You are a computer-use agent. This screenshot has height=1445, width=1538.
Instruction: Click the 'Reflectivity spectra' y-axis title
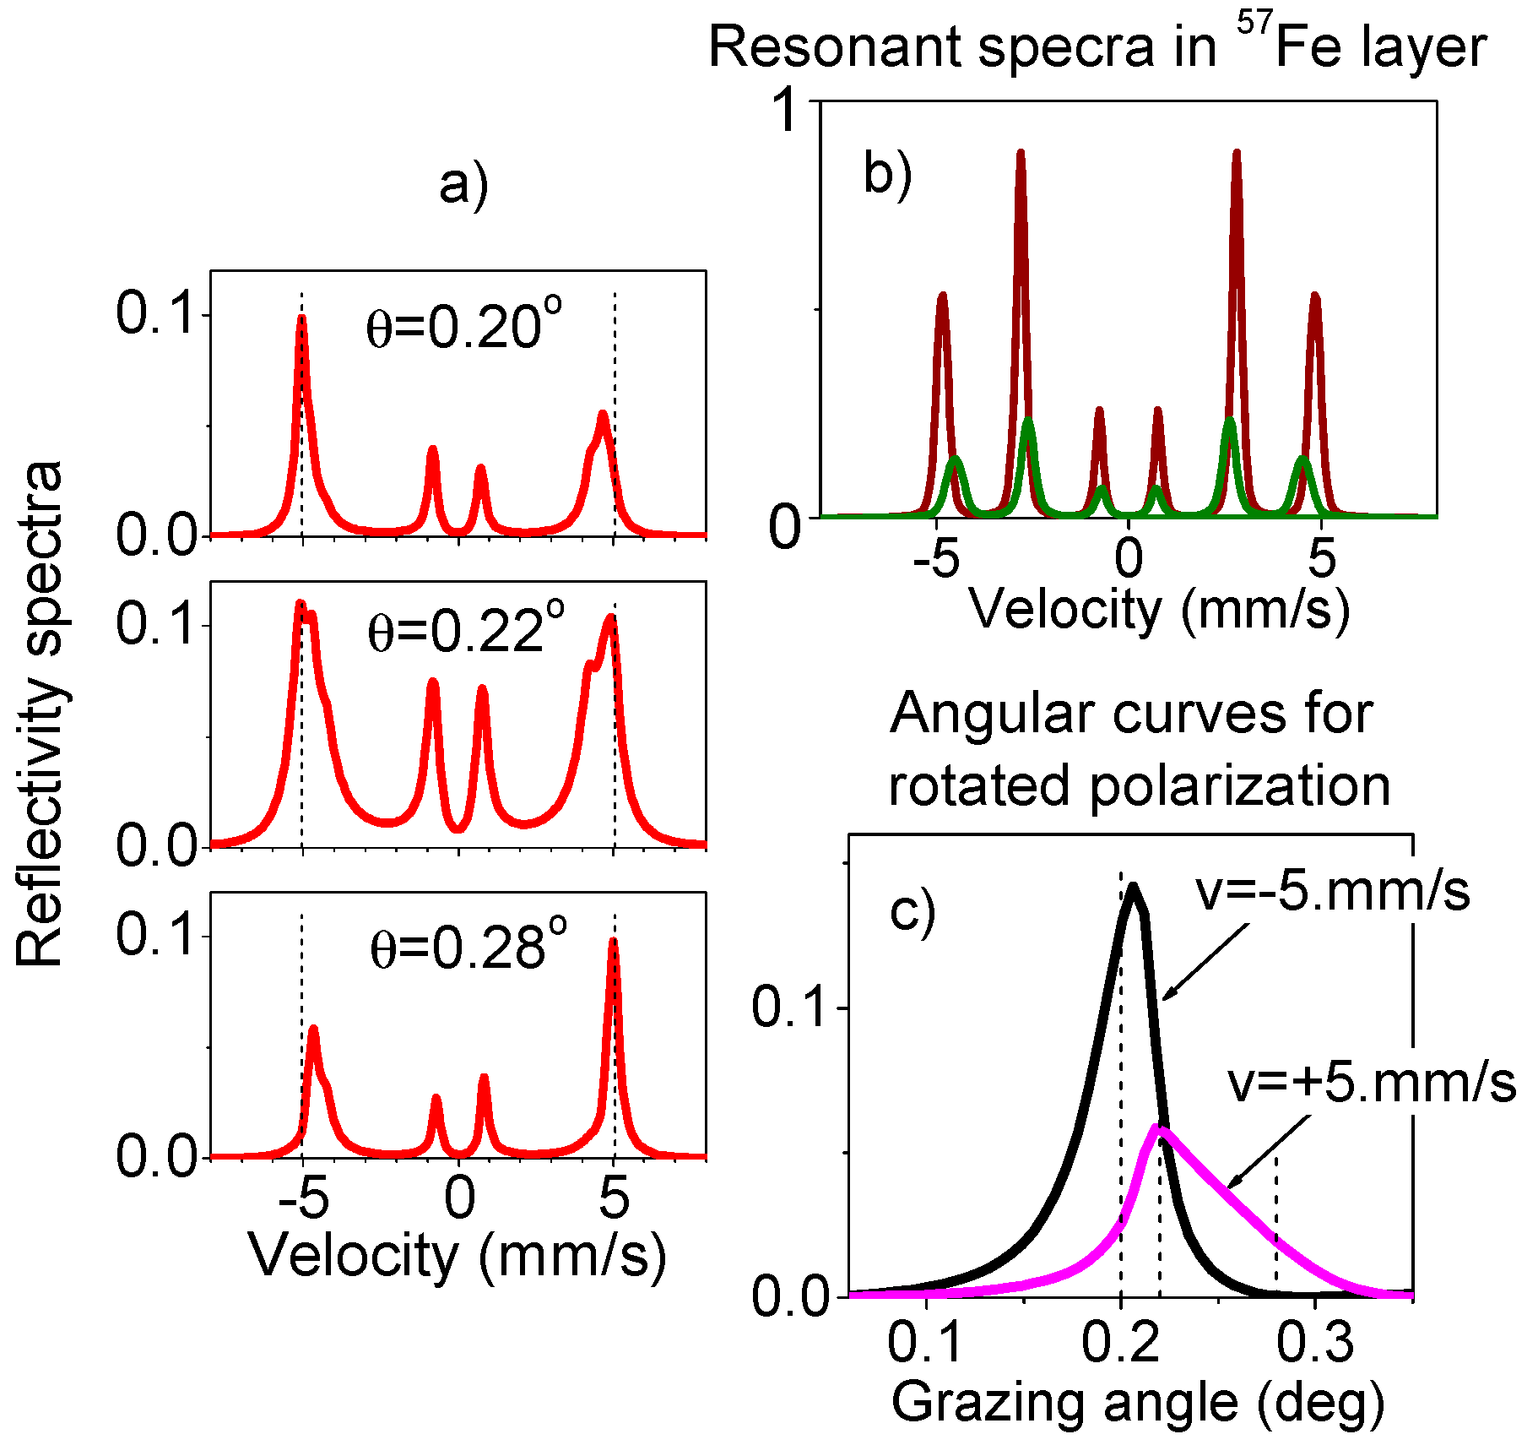click(40, 714)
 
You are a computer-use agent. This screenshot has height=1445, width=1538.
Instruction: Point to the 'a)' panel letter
click(463, 185)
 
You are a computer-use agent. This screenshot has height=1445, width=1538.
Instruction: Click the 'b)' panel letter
click(887, 175)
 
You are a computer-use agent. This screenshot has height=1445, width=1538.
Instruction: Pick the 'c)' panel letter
click(913, 912)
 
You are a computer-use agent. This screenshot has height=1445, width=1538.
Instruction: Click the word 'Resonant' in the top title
click(836, 47)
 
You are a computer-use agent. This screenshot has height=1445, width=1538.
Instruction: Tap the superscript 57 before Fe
click(1254, 24)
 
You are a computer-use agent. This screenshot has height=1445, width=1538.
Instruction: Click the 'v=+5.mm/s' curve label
click(1371, 1083)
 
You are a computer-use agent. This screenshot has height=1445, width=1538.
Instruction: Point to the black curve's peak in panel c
click(1133, 887)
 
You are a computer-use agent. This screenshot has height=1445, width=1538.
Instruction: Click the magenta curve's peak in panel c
click(1160, 1128)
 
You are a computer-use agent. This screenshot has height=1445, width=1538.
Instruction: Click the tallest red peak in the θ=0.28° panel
click(614, 941)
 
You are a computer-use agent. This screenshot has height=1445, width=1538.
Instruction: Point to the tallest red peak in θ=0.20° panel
click(301, 318)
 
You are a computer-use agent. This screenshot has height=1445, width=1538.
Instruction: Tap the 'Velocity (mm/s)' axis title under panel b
click(1158, 608)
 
